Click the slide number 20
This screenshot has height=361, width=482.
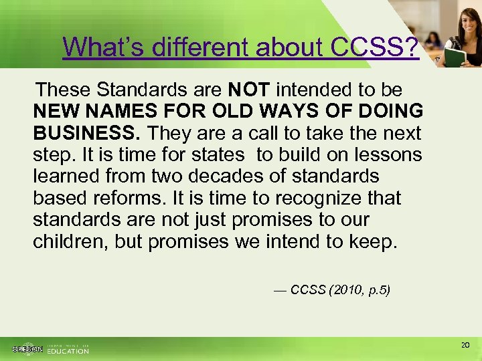[x=466, y=345]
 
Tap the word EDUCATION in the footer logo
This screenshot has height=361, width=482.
[x=68, y=351]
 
